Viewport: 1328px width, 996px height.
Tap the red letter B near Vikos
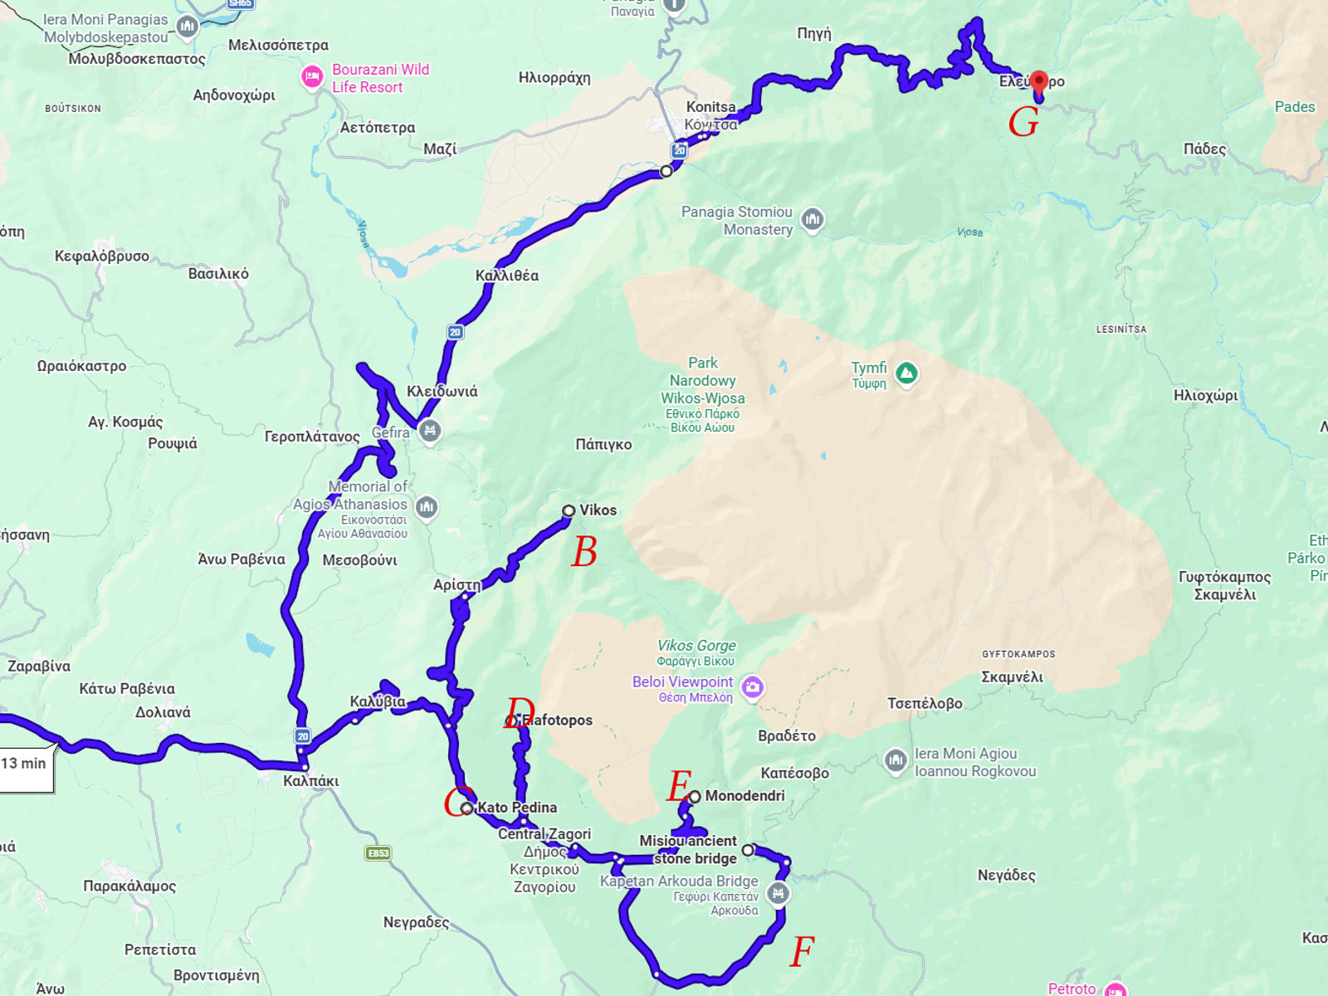pos(584,553)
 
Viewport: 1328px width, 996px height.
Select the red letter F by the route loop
pos(802,952)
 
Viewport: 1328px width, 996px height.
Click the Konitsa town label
pos(710,107)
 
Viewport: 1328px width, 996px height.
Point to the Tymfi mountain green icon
pos(906,373)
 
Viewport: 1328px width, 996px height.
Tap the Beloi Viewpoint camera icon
pos(753,688)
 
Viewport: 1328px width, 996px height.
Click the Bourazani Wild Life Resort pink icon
pos(312,77)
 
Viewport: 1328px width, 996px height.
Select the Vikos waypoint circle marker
pos(569,511)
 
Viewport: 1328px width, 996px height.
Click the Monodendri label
pos(745,796)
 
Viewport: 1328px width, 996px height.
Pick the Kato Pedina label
pos(517,808)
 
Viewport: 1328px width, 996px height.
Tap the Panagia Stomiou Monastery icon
pos(813,219)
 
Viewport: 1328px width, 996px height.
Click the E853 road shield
pos(378,853)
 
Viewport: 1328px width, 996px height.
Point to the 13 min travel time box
pos(25,764)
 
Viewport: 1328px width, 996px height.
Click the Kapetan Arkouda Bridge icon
pos(778,894)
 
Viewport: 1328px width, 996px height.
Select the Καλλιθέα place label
pos(506,276)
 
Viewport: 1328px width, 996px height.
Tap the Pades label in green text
pos(1294,107)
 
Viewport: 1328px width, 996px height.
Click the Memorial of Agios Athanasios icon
pos(427,506)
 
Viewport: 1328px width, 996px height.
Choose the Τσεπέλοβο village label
pos(925,704)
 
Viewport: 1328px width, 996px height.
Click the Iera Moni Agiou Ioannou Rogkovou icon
pos(895,759)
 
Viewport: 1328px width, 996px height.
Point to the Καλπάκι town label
pos(311,781)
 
